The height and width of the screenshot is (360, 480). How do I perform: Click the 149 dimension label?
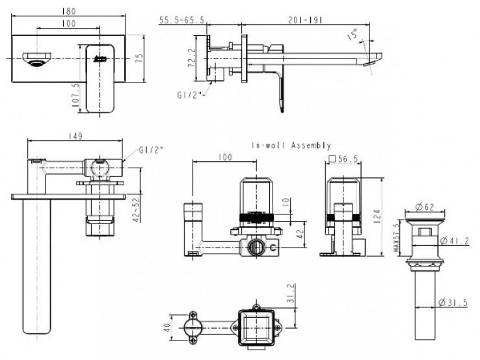pos(73,137)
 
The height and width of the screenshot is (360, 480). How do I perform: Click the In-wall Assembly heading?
pos(291,146)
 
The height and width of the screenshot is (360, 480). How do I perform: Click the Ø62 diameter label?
pos(426,208)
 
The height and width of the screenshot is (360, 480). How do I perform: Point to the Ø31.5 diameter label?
pos(457,302)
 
